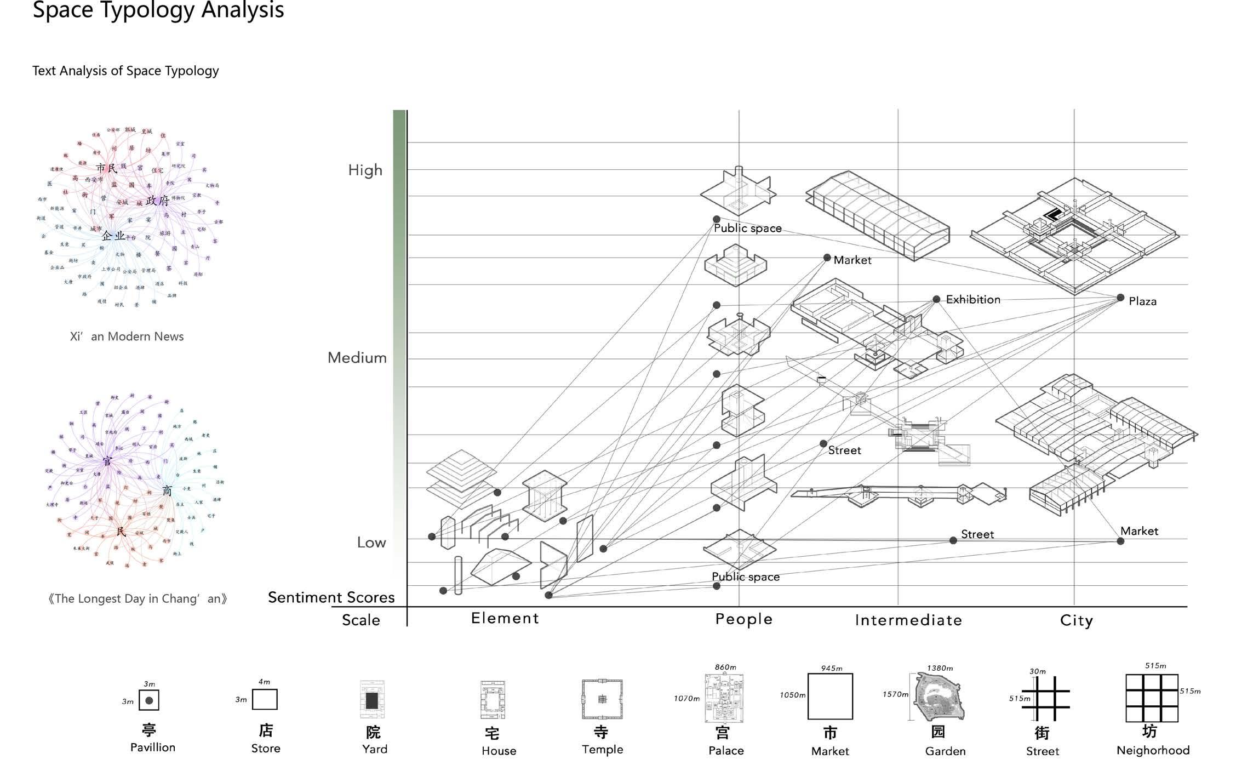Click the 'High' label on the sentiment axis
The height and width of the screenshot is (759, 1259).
[365, 170]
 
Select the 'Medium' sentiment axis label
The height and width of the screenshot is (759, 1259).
[357, 358]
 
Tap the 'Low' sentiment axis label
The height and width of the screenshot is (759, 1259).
[371, 543]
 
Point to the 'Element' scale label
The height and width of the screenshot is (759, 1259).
[505, 618]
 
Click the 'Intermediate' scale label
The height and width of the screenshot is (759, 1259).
[908, 620]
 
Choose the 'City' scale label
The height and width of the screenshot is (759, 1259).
[1076, 620]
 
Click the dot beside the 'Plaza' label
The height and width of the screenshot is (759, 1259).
[1120, 298]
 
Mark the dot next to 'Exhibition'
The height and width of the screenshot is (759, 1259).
[936, 299]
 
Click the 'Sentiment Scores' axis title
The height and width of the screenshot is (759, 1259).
[331, 597]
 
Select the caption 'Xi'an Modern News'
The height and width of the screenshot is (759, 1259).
[127, 336]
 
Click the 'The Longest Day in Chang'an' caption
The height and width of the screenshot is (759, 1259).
[137, 598]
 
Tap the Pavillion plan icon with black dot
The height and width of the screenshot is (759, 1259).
[149, 700]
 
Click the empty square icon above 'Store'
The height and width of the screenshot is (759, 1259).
[265, 699]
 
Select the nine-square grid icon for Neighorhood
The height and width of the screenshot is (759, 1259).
[1152, 698]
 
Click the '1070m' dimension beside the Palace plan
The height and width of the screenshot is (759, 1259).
[686, 699]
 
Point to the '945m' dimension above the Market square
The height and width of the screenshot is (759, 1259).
[831, 668]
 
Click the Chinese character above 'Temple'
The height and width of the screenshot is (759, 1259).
[602, 732]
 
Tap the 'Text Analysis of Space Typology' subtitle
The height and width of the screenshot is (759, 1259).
[125, 71]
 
